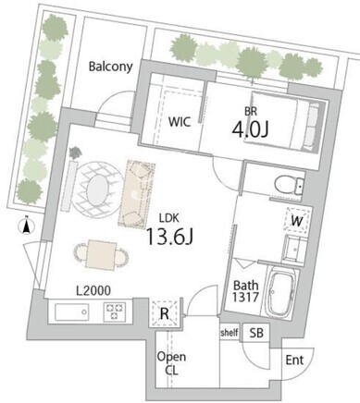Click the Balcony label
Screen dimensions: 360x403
tap(111, 67)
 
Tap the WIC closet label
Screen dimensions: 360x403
tap(180, 122)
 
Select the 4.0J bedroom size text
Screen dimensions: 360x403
tap(250, 130)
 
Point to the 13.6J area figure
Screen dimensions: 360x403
tap(169, 237)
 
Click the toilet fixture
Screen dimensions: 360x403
tap(290, 185)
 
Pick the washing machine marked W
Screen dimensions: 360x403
tap(296, 221)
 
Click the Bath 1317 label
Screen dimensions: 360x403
tap(245, 291)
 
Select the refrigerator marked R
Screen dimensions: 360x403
tap(165, 312)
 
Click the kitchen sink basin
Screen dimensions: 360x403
tap(72, 312)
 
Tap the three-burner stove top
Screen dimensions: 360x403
tap(115, 311)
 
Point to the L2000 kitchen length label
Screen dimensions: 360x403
tap(93, 290)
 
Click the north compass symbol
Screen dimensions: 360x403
tap(27, 226)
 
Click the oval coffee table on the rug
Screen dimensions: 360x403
tap(97, 189)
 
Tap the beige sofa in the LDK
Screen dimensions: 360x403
tap(136, 194)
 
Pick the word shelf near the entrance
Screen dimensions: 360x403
tap(230, 333)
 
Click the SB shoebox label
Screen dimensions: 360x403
tap(256, 333)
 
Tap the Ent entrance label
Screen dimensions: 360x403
tap(294, 360)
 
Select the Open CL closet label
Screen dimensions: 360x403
tap(171, 363)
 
